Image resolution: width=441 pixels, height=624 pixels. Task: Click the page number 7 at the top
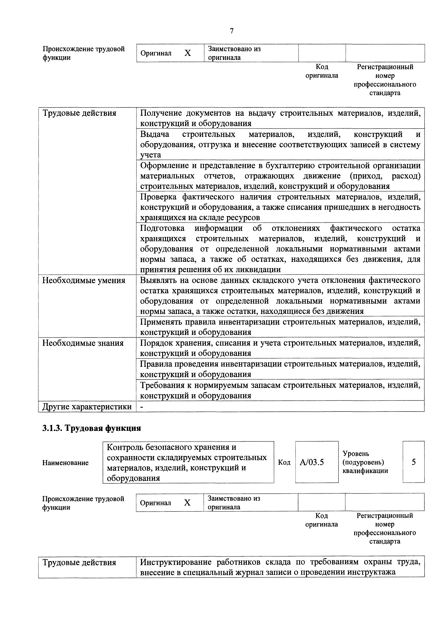click(x=232, y=31)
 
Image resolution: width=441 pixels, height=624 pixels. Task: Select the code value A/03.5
click(x=312, y=462)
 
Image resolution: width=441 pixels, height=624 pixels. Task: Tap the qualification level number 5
click(x=414, y=462)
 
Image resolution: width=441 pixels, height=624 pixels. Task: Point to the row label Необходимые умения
click(x=84, y=280)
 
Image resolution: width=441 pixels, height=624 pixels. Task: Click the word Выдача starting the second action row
click(x=154, y=134)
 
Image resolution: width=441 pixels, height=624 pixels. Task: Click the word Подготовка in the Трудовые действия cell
click(x=162, y=228)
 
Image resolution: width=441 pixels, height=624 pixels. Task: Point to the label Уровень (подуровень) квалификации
click(x=365, y=462)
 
